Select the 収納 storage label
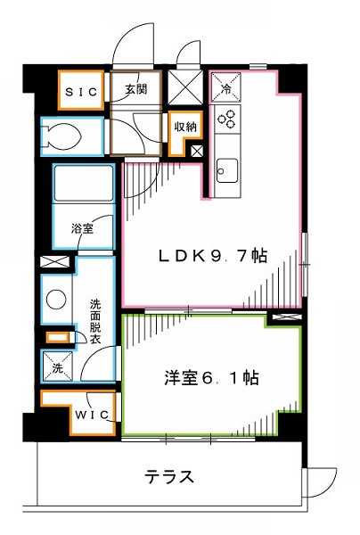click(184, 125)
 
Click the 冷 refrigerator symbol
click(226, 90)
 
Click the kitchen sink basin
click(226, 169)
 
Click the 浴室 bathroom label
click(82, 229)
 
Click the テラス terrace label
click(168, 476)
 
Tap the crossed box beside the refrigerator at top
click(190, 91)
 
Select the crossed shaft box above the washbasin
click(53, 264)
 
